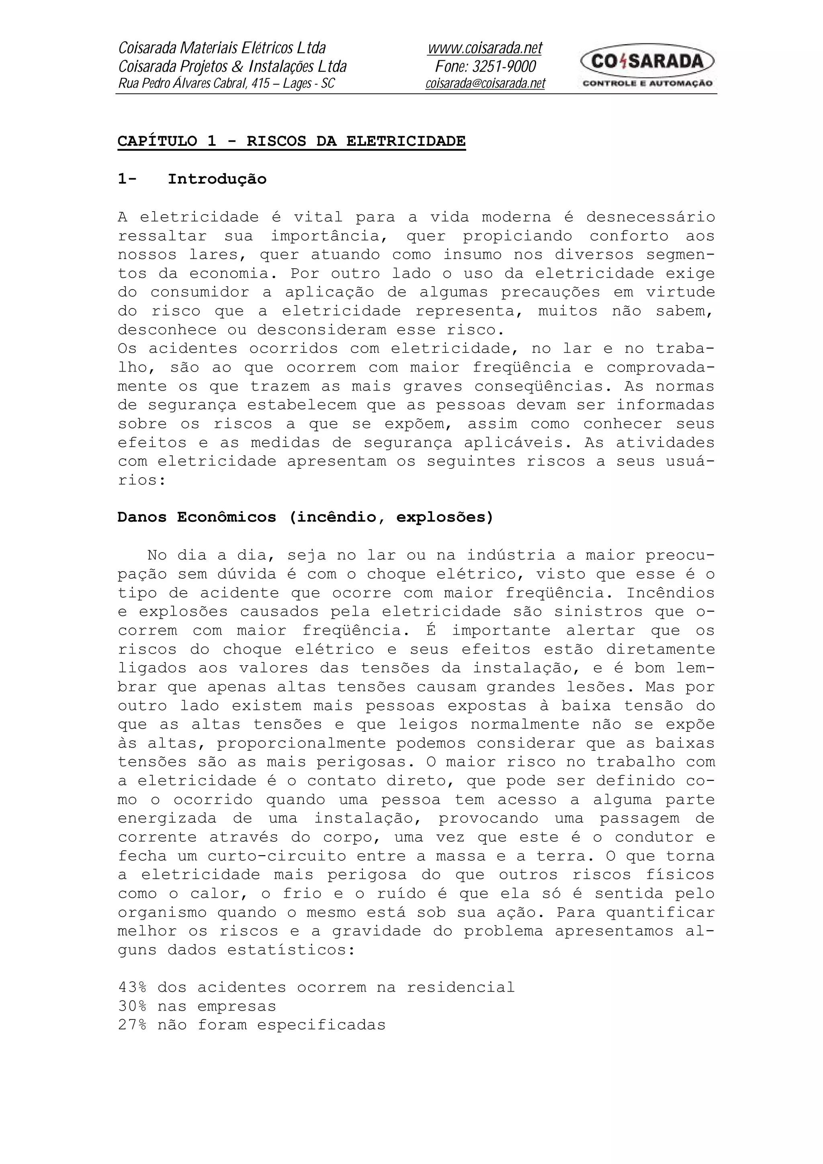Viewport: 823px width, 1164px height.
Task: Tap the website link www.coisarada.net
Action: pos(485,48)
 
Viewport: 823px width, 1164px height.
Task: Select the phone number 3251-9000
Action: pos(504,66)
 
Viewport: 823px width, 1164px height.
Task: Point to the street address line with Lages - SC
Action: pos(226,84)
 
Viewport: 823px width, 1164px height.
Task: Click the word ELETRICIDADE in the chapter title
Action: pos(405,141)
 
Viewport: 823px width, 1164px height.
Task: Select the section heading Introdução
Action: pos(217,179)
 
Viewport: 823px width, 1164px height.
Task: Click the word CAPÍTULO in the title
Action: pos(157,141)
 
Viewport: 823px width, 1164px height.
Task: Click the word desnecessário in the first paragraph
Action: pos(650,217)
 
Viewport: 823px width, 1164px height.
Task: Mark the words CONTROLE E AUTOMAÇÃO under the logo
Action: pos(647,83)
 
